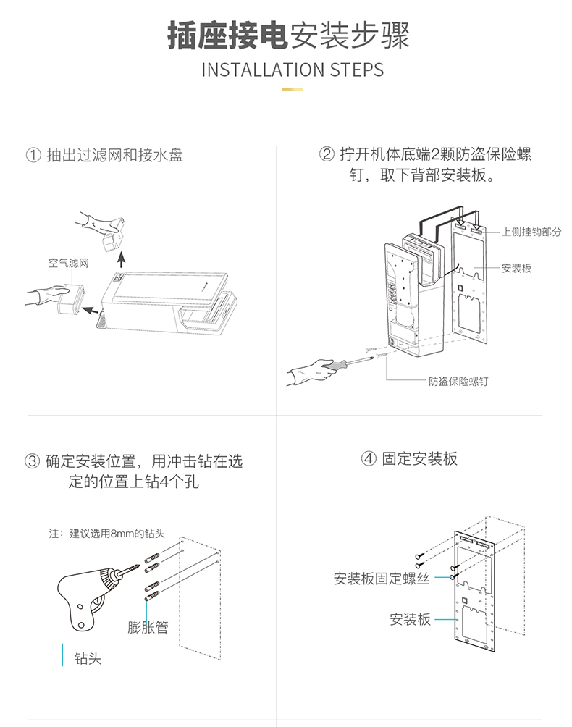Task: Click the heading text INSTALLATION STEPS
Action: click(x=292, y=70)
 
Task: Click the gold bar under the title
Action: click(x=292, y=90)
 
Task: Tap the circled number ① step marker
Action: click(x=32, y=155)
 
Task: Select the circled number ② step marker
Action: click(x=327, y=155)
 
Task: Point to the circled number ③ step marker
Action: click(x=32, y=461)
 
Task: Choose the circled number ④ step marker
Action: click(x=369, y=458)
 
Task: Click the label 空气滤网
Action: click(x=69, y=263)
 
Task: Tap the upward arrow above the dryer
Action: click(x=121, y=256)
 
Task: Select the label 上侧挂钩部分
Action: click(x=531, y=232)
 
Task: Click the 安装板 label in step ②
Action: click(x=517, y=268)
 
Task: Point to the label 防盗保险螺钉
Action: click(x=458, y=381)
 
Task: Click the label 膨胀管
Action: click(x=148, y=627)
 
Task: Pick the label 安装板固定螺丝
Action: click(x=382, y=579)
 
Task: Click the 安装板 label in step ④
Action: click(x=410, y=619)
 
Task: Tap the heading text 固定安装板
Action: click(x=420, y=458)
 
